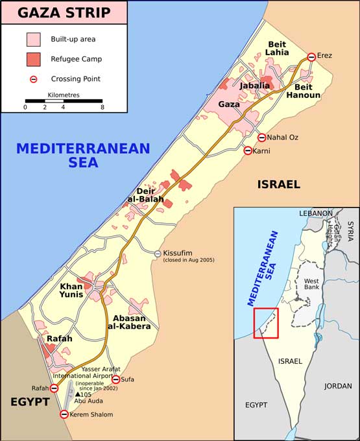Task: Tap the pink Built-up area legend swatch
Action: click(x=34, y=40)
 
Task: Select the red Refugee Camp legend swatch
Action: click(x=34, y=60)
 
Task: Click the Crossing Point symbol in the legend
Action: click(x=34, y=79)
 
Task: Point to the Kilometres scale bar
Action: click(x=64, y=101)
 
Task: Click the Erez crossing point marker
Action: click(x=311, y=57)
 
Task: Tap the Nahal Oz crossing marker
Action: click(x=261, y=137)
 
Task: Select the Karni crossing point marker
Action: click(x=247, y=151)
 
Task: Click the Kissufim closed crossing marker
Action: click(x=158, y=253)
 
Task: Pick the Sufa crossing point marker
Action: click(x=115, y=379)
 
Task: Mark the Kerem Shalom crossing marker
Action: click(x=64, y=414)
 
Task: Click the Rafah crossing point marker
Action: click(x=54, y=388)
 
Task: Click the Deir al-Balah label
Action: click(x=150, y=195)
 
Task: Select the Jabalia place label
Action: click(x=254, y=86)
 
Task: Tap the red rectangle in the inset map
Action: click(x=266, y=323)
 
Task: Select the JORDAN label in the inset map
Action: click(x=337, y=386)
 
